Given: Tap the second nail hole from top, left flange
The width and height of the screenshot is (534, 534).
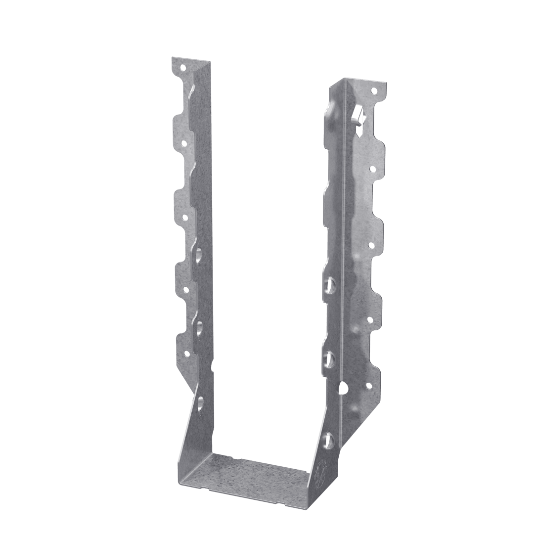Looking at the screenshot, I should (183, 143).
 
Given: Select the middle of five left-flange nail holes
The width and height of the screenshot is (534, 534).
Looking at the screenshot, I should (185, 216).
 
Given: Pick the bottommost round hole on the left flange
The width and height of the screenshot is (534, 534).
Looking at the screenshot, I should (187, 353).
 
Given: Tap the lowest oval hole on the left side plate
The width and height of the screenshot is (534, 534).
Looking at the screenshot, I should (200, 401).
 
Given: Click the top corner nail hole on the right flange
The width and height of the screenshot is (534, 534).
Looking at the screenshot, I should (374, 91).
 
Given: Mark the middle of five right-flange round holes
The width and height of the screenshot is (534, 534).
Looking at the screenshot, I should (370, 244).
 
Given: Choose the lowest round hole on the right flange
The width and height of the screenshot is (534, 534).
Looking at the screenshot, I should (369, 386).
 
